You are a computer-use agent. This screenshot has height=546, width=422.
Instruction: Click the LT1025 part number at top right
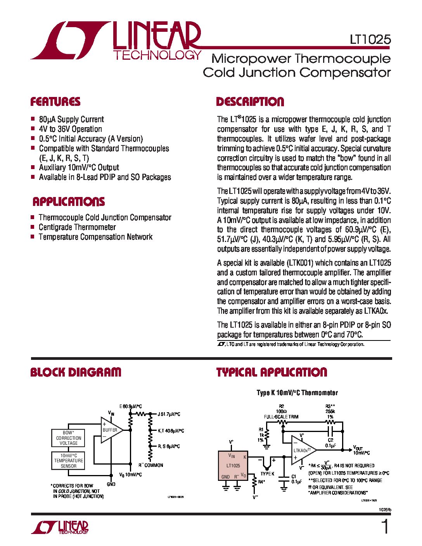pyautogui.click(x=370, y=40)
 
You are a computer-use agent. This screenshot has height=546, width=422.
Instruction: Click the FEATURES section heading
pyautogui.click(x=55, y=102)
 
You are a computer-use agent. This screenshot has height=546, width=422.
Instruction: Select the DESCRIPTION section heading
pyautogui.click(x=250, y=102)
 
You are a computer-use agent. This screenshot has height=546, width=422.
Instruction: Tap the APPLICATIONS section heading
pyautogui.click(x=69, y=202)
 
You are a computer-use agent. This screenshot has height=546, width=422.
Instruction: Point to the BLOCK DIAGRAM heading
pyautogui.click(x=76, y=372)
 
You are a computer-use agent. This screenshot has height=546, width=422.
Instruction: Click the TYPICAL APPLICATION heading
pyautogui.click(x=272, y=372)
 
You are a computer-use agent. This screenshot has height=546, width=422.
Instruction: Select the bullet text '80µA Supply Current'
pyautogui.click(x=71, y=119)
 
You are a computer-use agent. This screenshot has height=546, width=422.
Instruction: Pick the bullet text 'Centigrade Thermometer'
pyautogui.click(x=77, y=227)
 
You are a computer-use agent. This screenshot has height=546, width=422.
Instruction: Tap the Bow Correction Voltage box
pyautogui.click(x=68, y=438)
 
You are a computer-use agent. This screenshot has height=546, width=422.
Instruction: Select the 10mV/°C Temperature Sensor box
pyautogui.click(x=68, y=461)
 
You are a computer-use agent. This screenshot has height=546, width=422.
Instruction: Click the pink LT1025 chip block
pyautogui.click(x=233, y=465)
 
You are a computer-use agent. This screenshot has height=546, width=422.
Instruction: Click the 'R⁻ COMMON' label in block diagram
pyautogui.click(x=151, y=465)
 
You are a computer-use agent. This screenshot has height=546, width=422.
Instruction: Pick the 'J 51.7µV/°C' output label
pyautogui.click(x=169, y=414)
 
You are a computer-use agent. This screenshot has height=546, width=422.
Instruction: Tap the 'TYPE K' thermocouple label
pyautogui.click(x=267, y=473)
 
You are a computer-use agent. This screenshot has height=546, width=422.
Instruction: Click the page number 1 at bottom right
pyautogui.click(x=385, y=527)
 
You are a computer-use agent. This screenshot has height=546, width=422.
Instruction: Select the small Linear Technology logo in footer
pyautogui.click(x=60, y=527)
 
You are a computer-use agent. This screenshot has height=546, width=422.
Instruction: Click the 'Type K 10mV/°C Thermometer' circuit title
pyautogui.click(x=297, y=393)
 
